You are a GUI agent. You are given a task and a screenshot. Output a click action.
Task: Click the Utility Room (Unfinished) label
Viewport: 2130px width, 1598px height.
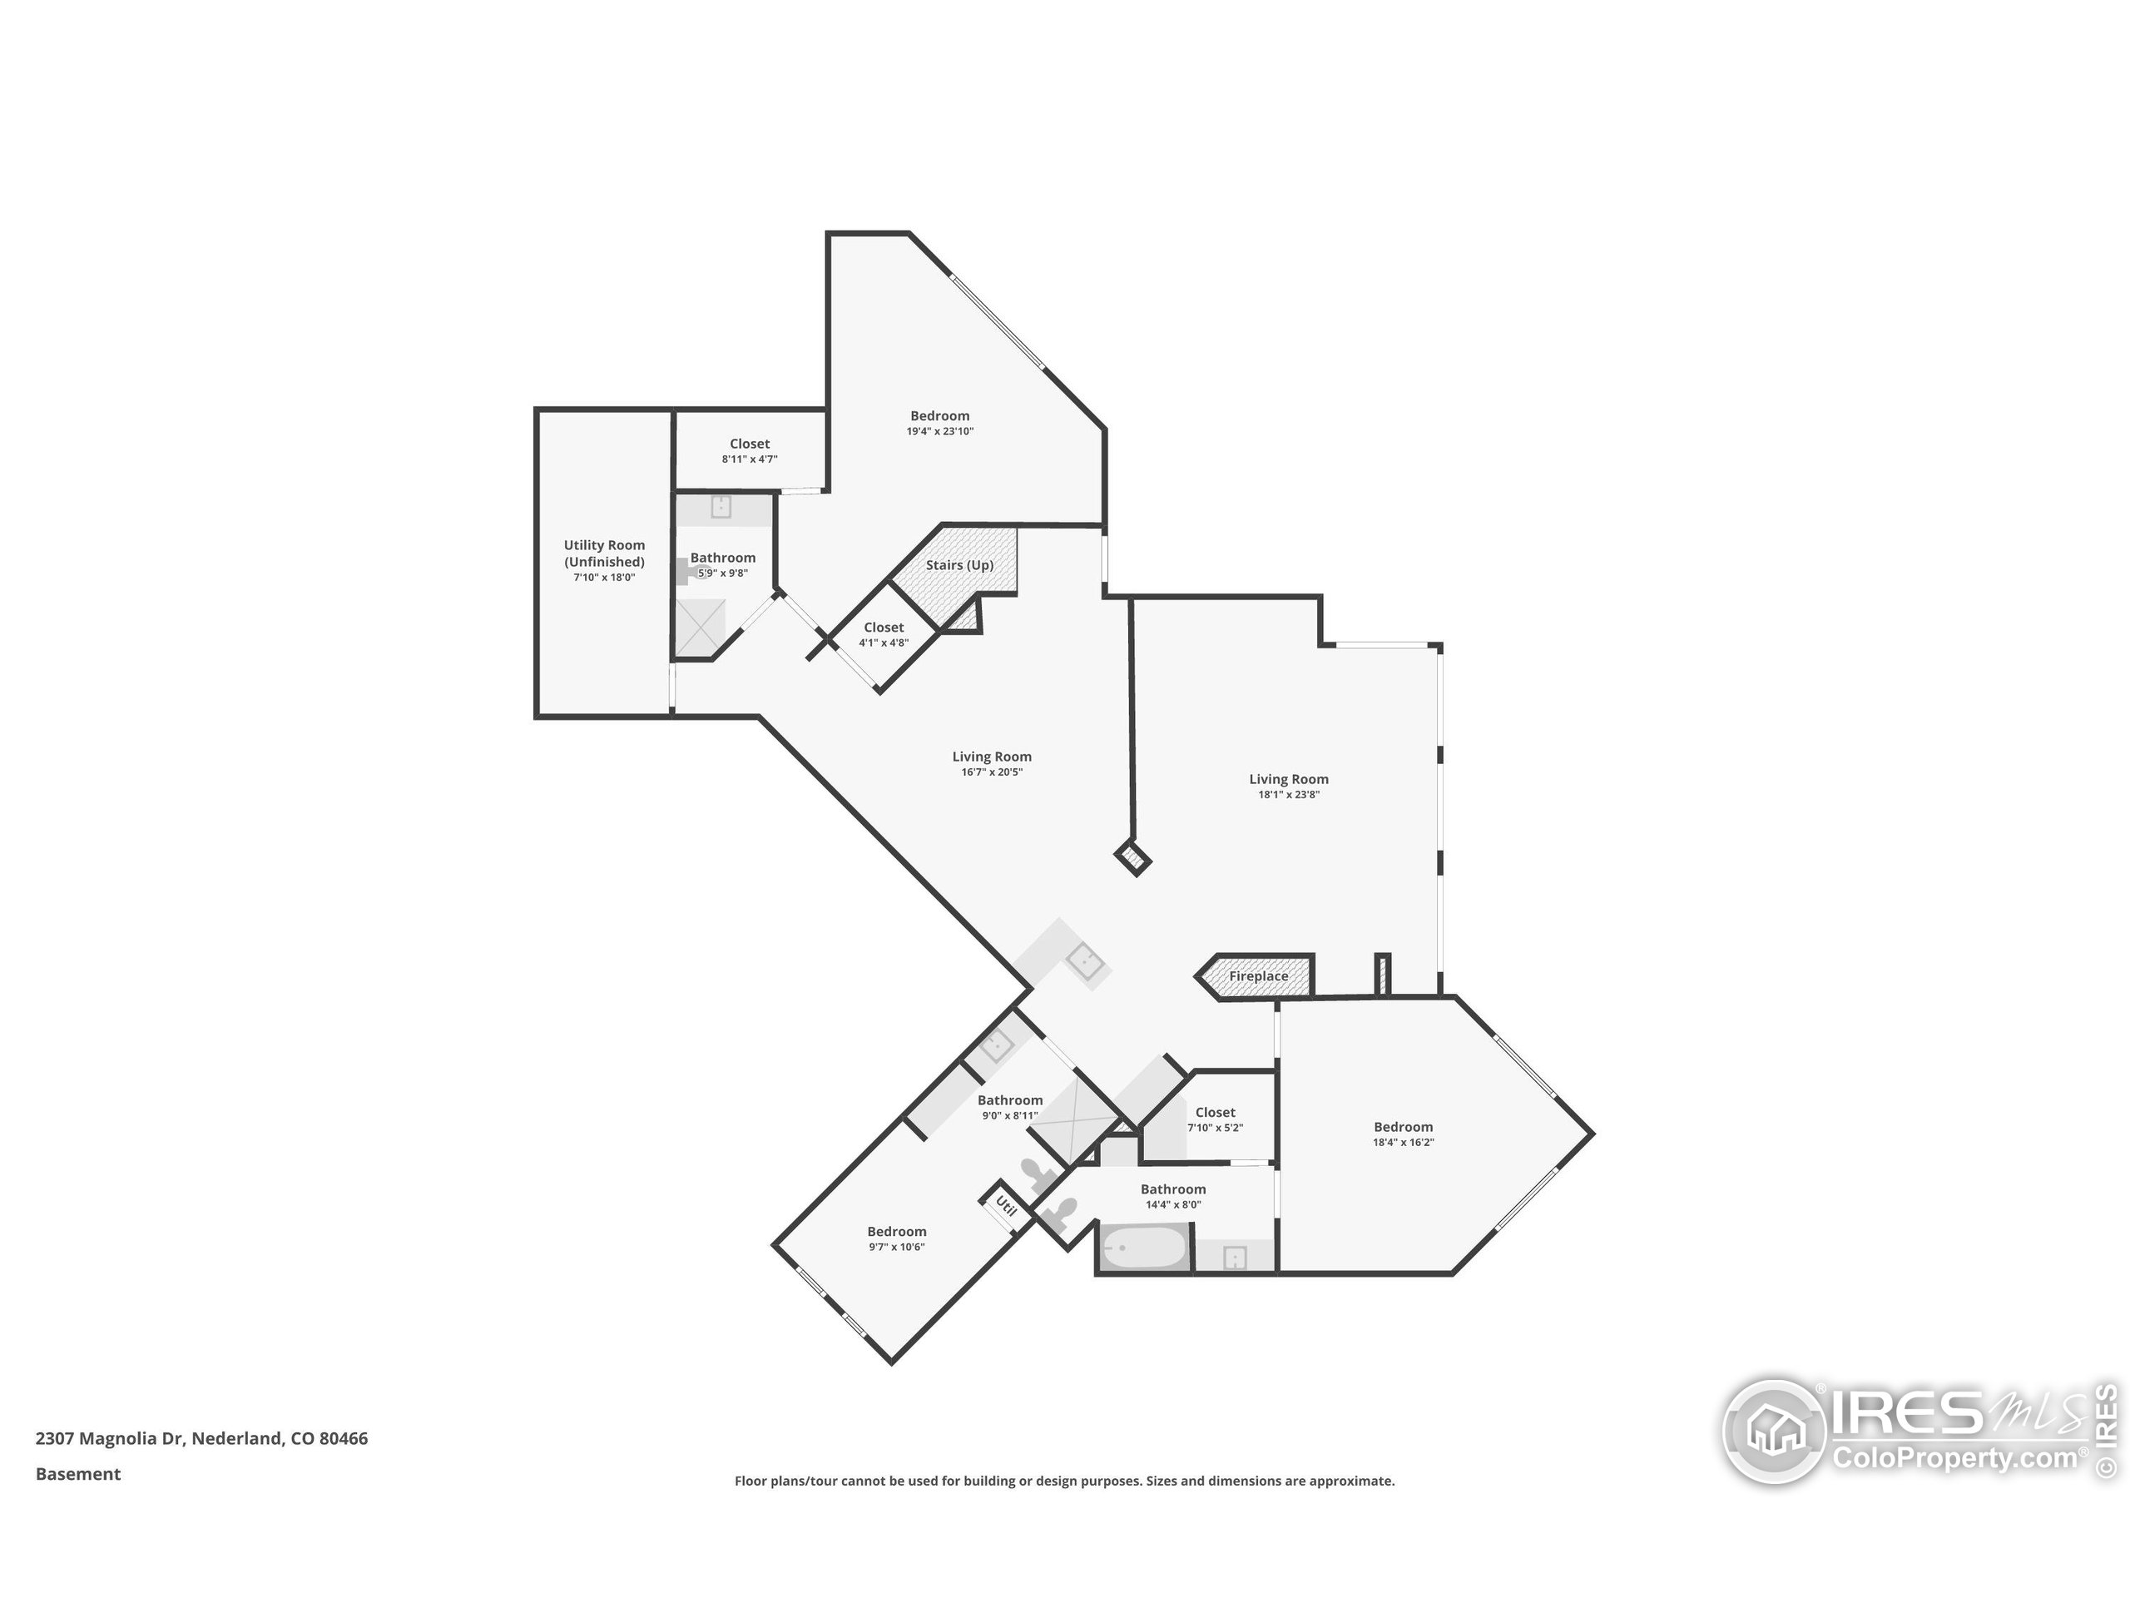(604, 553)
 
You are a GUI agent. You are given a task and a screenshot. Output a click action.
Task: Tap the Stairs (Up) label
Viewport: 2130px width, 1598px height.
(959, 565)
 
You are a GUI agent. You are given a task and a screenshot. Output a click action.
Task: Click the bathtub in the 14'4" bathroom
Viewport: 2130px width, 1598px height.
(1143, 1249)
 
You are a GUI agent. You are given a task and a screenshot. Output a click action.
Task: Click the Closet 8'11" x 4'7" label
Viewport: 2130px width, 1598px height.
(749, 444)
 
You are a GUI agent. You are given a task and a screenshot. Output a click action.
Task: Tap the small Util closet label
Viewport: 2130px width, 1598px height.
(1004, 1205)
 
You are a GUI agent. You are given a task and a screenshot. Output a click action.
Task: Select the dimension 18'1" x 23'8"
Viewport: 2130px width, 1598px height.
(1287, 795)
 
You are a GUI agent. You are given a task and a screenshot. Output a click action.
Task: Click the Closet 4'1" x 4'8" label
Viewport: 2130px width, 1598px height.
(883, 627)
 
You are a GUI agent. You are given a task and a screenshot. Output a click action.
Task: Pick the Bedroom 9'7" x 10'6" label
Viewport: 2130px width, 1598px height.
(895, 1231)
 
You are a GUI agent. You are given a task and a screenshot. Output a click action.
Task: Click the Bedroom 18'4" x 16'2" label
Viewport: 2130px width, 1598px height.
(1402, 1126)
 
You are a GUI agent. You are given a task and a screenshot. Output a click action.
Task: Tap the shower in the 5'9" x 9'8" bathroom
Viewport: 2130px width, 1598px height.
(699, 626)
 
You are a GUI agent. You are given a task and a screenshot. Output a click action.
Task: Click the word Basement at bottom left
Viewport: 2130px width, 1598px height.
(78, 1474)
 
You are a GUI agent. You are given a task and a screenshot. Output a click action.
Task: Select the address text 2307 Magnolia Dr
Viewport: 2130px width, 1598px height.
(109, 1438)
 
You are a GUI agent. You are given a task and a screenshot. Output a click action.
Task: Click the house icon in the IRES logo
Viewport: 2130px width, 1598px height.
(1773, 1431)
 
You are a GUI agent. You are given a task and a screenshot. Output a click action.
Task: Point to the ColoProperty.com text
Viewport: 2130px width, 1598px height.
(1954, 1458)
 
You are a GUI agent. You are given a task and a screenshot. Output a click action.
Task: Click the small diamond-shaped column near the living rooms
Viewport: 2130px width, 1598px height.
(1133, 856)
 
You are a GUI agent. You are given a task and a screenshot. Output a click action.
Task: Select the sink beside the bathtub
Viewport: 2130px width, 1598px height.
(1234, 1257)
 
